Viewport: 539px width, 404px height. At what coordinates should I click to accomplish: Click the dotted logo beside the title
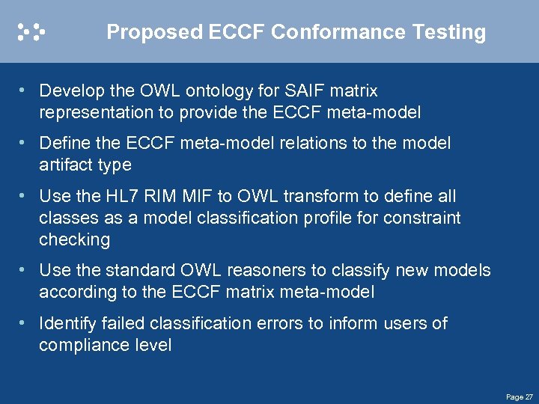click(32, 31)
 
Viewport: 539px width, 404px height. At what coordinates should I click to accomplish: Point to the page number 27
click(529, 397)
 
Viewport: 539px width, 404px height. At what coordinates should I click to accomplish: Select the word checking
click(74, 240)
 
